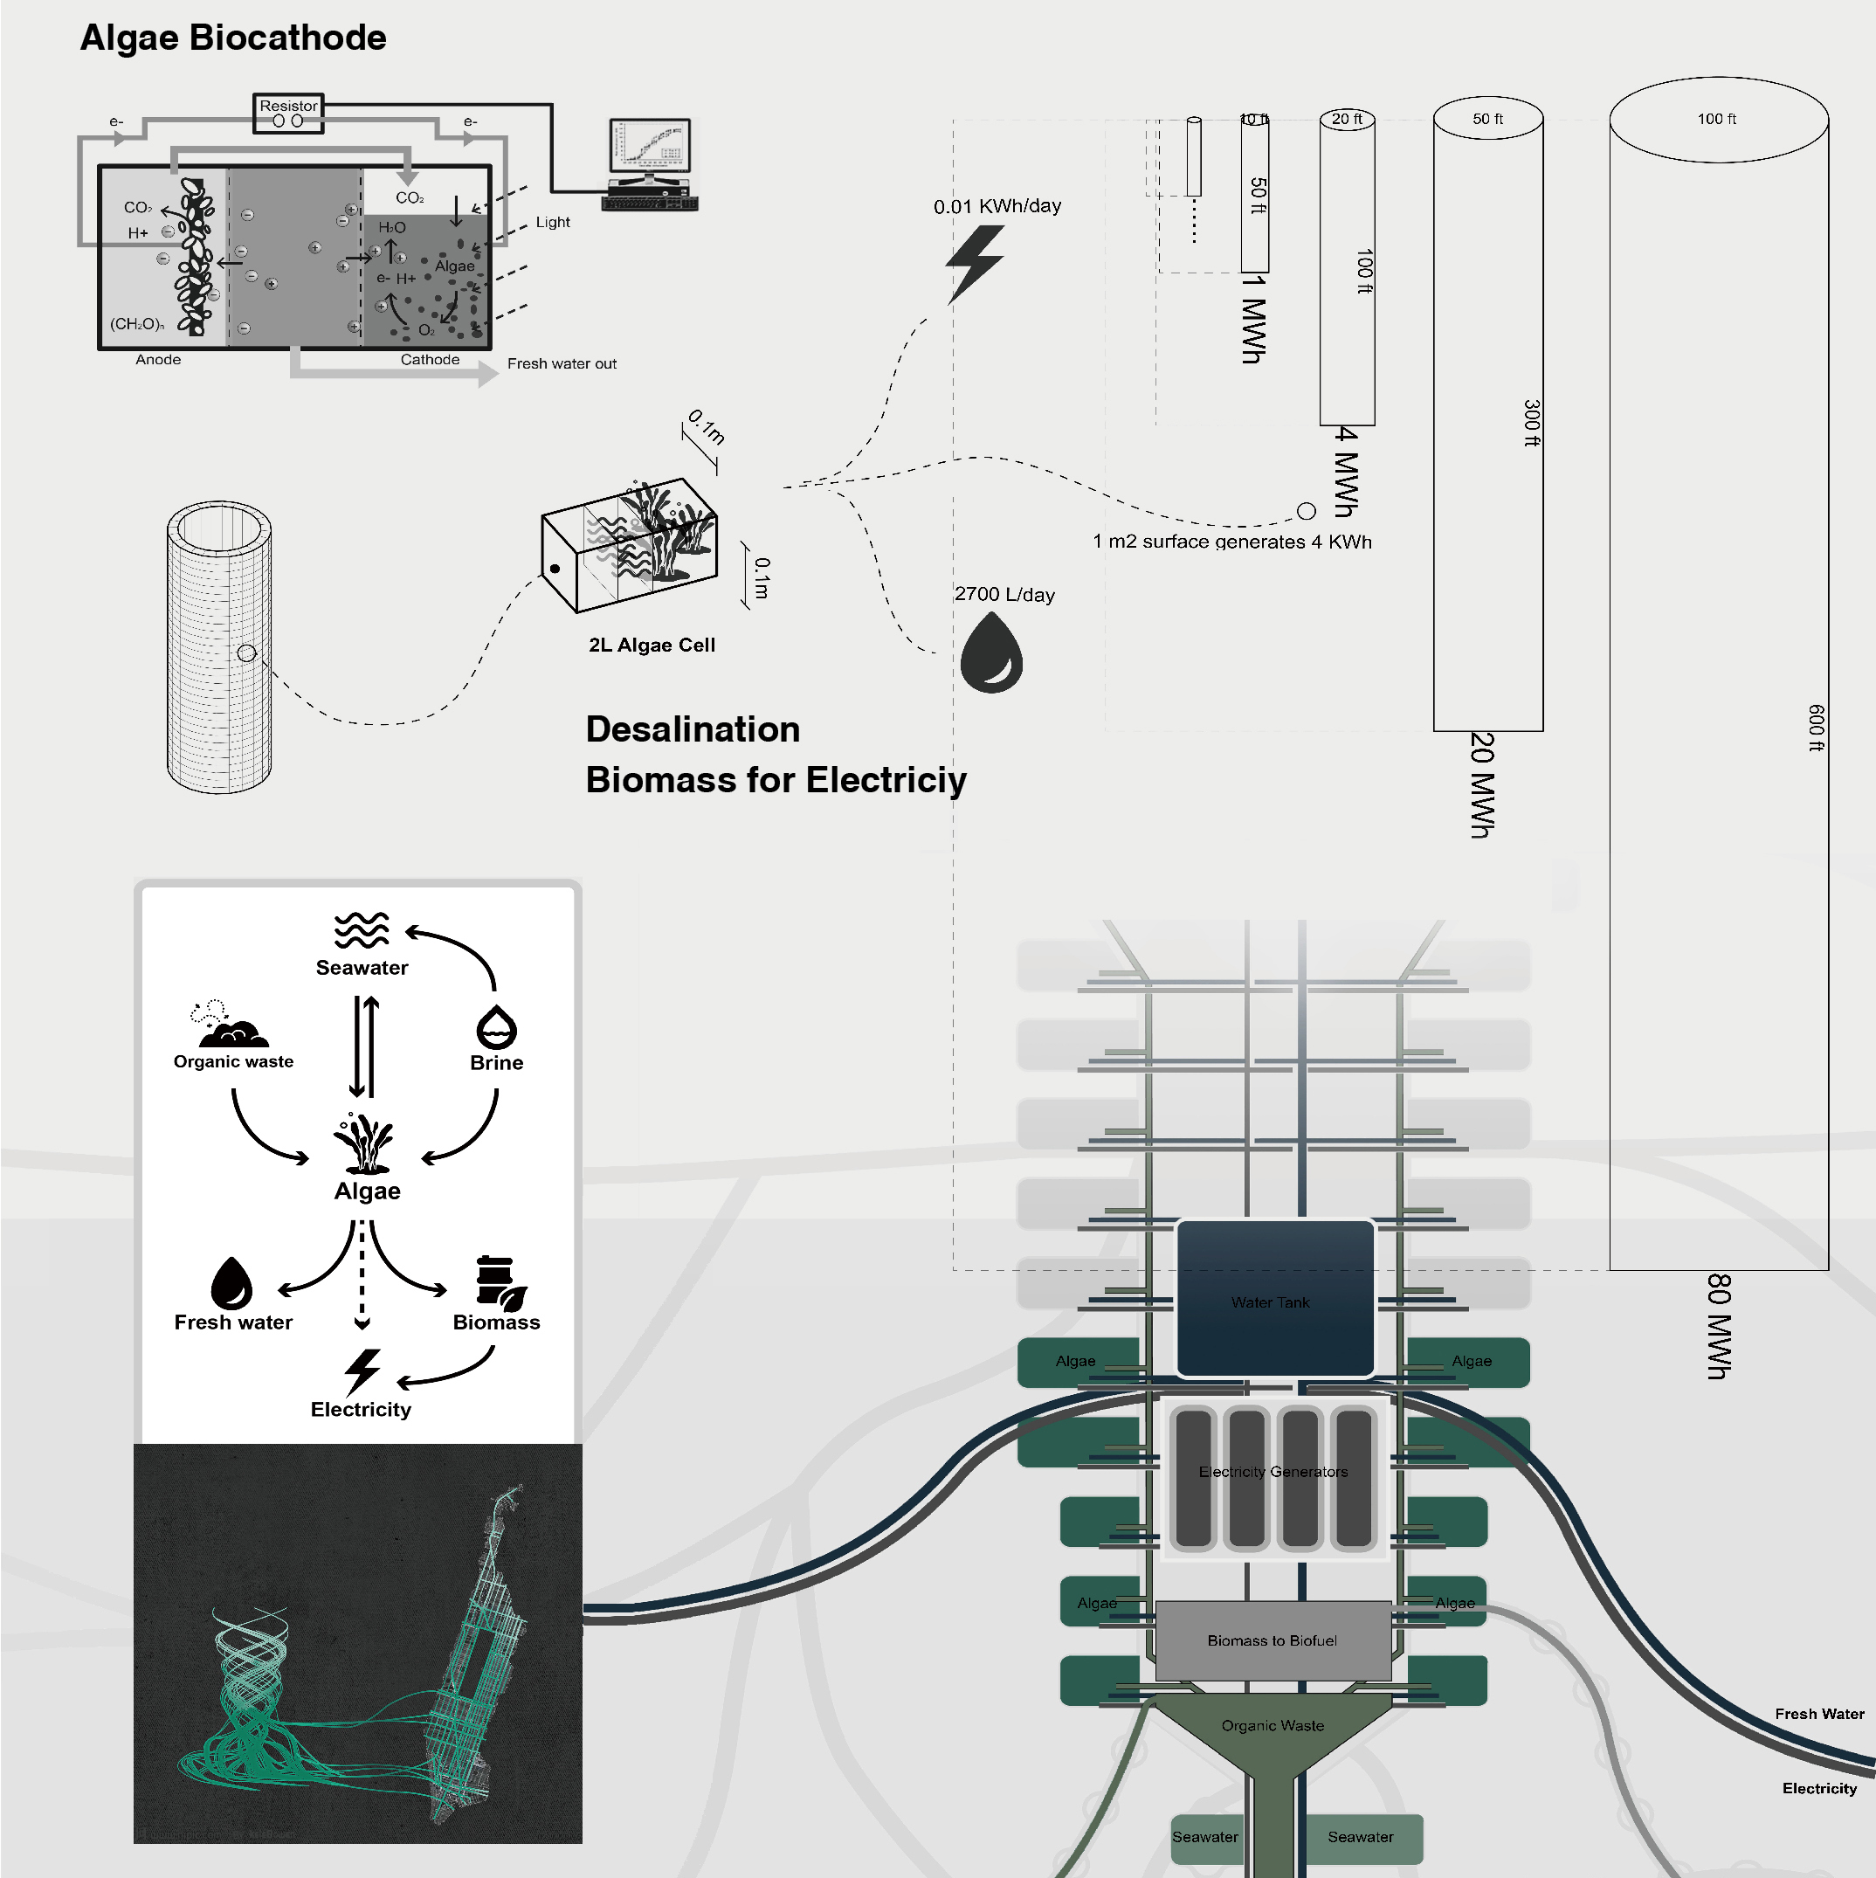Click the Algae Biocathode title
pyautogui.click(x=233, y=38)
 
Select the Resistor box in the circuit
pyautogui.click(x=287, y=113)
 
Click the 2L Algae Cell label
pyautogui.click(x=652, y=645)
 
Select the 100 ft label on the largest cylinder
pyautogui.click(x=1716, y=119)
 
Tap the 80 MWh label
pyautogui.click(x=1719, y=1326)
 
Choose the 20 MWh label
pyautogui.click(x=1481, y=784)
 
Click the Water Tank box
pyautogui.click(x=1274, y=1299)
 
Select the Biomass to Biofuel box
pyautogui.click(x=1273, y=1640)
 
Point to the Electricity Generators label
pyautogui.click(x=1273, y=1472)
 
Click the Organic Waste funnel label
pyautogui.click(x=1273, y=1725)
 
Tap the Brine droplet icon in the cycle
pyautogui.click(x=496, y=1026)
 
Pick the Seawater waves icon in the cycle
pyautogui.click(x=361, y=929)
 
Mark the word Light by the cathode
pyautogui.click(x=552, y=222)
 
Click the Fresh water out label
pyautogui.click(x=561, y=363)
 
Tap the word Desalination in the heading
pyautogui.click(x=692, y=729)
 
